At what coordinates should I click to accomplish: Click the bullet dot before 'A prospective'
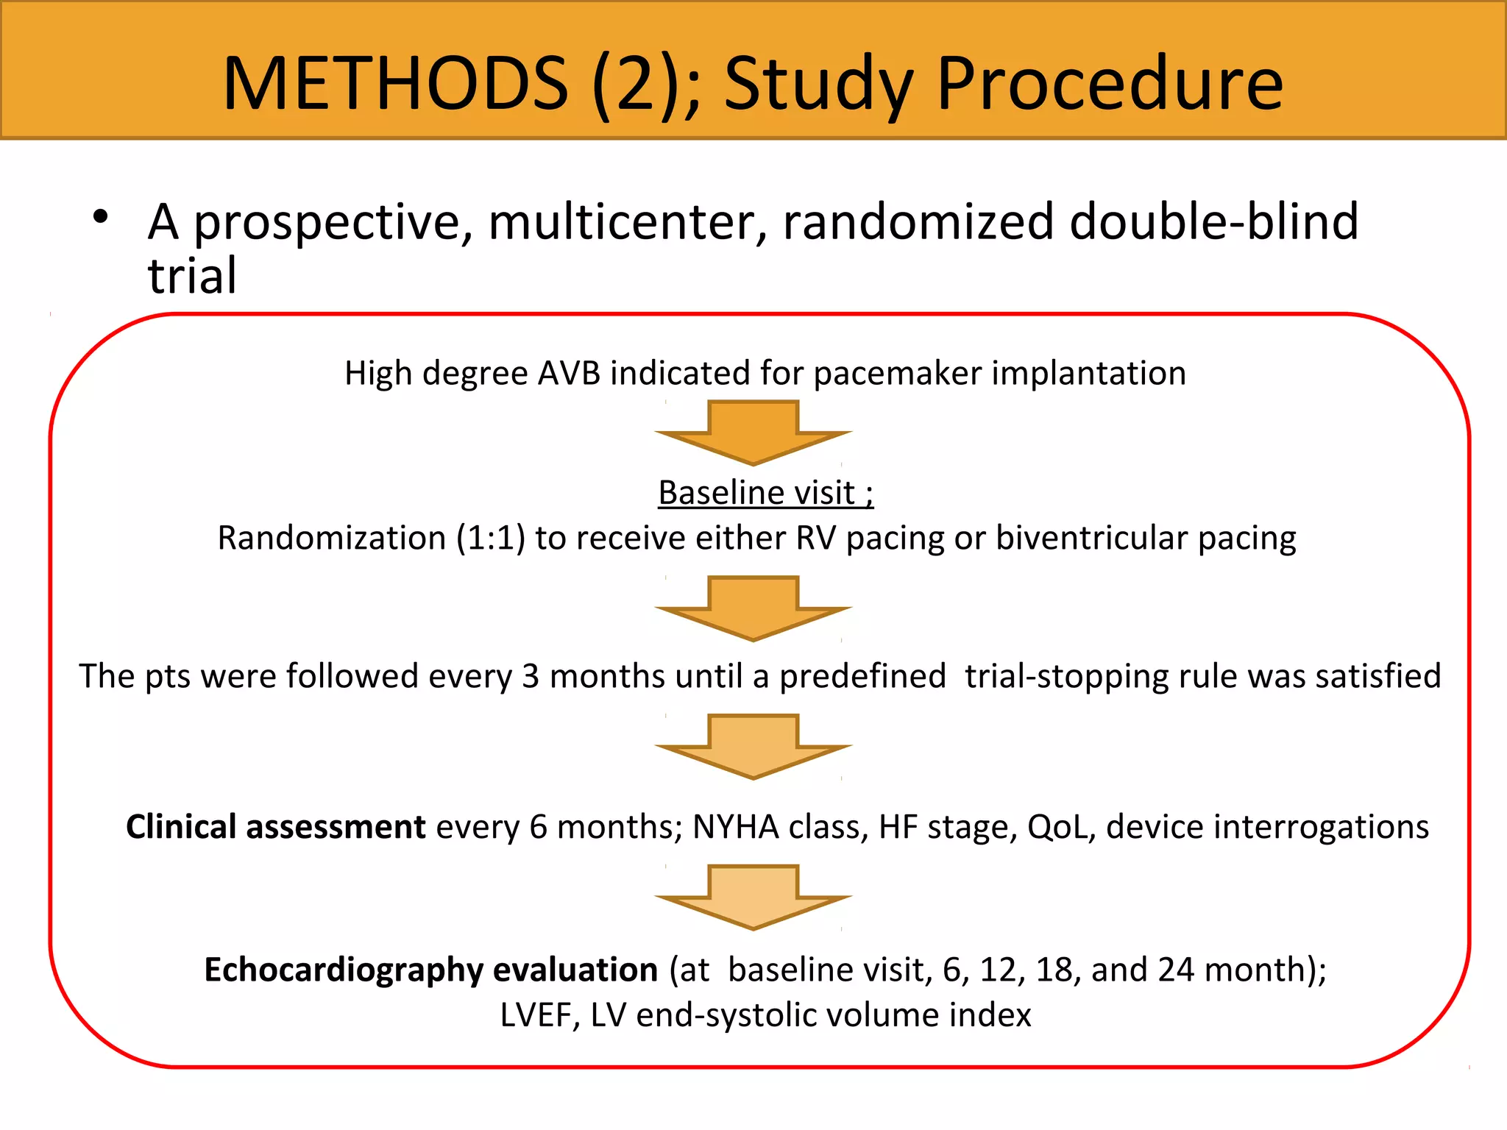[x=101, y=217]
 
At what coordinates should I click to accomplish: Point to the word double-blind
[x=1213, y=221]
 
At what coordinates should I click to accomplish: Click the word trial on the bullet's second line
[x=192, y=276]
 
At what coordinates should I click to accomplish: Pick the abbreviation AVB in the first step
[x=569, y=373]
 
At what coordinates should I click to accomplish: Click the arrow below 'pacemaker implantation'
[x=753, y=433]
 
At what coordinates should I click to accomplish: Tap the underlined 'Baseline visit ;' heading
[x=765, y=492]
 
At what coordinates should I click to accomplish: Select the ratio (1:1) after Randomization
[x=490, y=538]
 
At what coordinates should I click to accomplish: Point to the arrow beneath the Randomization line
[x=753, y=608]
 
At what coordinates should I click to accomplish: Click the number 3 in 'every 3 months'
[x=531, y=676]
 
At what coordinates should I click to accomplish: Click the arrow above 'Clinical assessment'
[x=753, y=746]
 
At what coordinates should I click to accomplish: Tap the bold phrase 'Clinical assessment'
[x=275, y=827]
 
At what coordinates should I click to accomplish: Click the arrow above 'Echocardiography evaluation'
[x=753, y=897]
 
